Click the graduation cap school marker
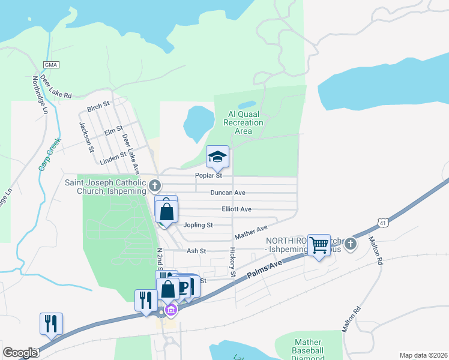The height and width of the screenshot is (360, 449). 217,158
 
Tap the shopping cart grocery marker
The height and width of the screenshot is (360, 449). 319,244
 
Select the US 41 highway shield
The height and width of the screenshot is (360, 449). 382,223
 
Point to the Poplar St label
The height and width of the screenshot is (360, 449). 209,176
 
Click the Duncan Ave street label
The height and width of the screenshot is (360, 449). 228,193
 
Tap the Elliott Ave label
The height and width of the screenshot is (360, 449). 236,209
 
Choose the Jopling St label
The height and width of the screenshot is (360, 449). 197,225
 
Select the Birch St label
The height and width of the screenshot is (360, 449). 98,107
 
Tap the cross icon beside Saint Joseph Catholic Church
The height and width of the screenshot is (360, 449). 155,184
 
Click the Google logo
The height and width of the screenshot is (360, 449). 19,353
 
